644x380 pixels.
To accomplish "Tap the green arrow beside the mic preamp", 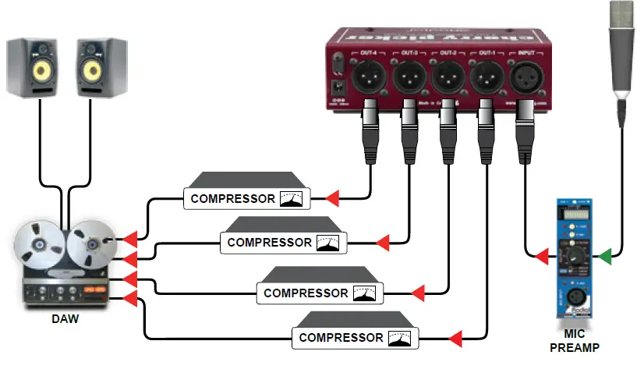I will (605, 255).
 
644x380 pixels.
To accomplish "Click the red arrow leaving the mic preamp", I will (537, 255).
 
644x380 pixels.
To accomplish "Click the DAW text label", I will (65, 319).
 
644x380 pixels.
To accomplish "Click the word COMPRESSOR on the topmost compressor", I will (232, 198).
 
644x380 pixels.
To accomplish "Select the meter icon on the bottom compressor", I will (401, 338).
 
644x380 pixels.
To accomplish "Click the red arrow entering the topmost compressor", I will (332, 198).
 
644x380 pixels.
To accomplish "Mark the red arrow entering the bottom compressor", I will (455, 338).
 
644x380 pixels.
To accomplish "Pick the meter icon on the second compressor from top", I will (328, 243).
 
